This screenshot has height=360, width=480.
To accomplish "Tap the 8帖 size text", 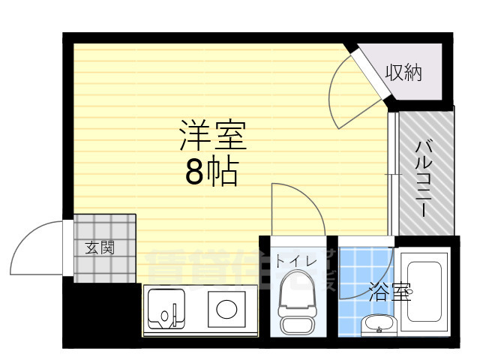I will [211, 173].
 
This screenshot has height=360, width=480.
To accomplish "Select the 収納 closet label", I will [403, 73].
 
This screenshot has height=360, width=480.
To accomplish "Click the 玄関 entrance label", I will [99, 247].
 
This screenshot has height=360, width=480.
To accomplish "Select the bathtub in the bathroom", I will [424, 293].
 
